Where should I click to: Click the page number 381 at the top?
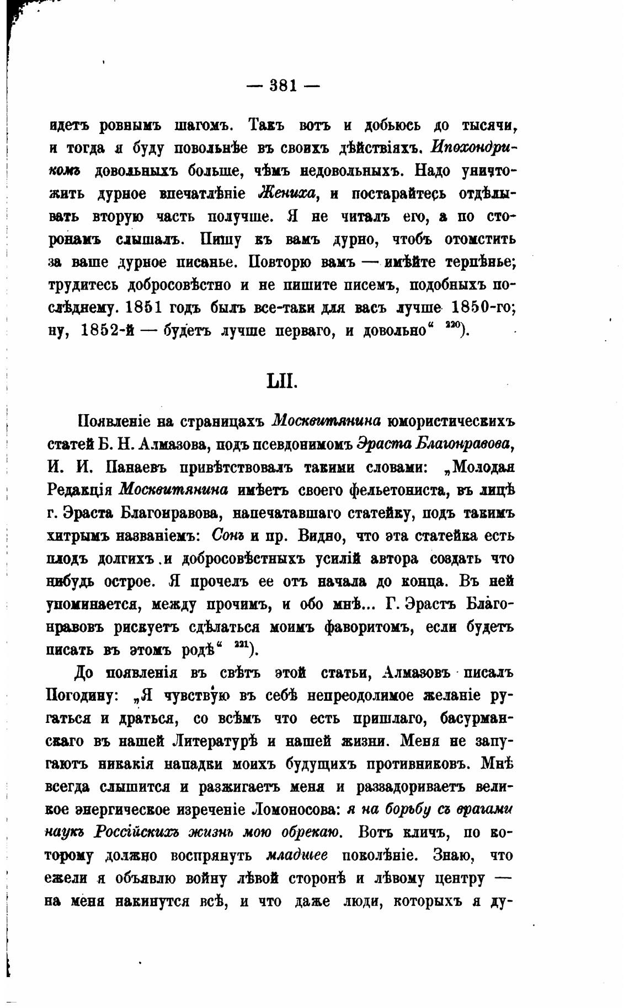pos(281,86)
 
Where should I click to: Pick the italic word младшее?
pos(296,856)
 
